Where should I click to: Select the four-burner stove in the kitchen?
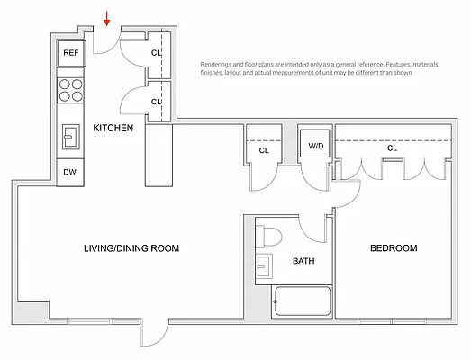pos(70,90)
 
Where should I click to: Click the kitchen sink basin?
pos(70,137)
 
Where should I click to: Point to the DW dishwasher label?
pos(70,172)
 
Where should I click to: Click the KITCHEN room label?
pos(113,129)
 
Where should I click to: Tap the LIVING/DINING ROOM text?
pos(131,248)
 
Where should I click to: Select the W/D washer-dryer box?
pos(317,144)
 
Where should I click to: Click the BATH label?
pos(303,263)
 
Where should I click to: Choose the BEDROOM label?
pos(394,248)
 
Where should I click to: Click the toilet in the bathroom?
pos(269,235)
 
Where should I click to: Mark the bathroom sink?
pos(263,267)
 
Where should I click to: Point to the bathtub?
pos(303,301)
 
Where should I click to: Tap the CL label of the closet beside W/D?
pos(264,150)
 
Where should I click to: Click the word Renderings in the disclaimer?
pos(220,64)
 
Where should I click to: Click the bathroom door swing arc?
pos(314,229)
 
